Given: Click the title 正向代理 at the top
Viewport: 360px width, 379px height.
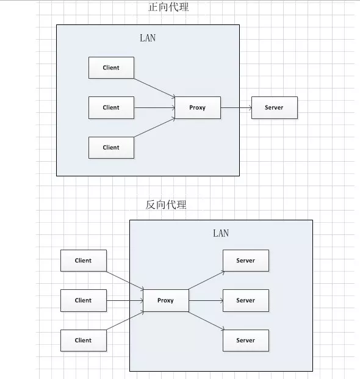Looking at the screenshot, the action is tap(168, 7).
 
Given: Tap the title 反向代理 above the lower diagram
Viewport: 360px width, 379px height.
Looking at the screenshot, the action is tap(166, 204).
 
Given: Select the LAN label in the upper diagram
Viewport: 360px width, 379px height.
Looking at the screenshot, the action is tap(148, 38).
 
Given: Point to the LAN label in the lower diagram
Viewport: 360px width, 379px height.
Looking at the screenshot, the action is tap(221, 233).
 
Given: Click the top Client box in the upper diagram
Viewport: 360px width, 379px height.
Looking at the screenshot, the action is tap(111, 68).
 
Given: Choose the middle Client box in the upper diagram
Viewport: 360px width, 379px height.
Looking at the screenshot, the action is tap(111, 107).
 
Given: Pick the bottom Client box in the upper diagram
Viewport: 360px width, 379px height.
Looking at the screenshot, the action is tap(111, 148).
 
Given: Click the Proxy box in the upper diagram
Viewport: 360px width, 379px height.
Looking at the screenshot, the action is tap(198, 107).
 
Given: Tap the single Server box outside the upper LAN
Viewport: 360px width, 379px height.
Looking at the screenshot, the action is tap(275, 107).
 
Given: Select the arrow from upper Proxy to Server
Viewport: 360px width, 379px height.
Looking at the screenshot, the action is tap(236, 107).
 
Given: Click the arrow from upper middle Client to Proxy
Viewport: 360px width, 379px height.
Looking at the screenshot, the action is tap(154, 107).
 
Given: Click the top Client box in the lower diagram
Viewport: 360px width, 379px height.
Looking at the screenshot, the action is tap(84, 261).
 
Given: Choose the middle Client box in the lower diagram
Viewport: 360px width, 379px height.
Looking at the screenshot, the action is tap(84, 300).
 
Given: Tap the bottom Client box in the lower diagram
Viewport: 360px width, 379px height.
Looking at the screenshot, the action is tap(84, 341).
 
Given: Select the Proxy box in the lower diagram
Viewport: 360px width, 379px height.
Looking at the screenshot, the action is tap(166, 300).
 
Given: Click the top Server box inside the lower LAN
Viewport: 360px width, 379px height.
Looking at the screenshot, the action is tap(246, 261).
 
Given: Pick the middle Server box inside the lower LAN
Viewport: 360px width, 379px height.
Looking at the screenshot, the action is tap(246, 300).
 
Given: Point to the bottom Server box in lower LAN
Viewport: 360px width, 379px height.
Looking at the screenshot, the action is tap(246, 341).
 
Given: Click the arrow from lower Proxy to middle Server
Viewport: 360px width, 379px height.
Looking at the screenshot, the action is tap(206, 300).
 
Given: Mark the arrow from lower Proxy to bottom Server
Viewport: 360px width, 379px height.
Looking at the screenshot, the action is tap(206, 320).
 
